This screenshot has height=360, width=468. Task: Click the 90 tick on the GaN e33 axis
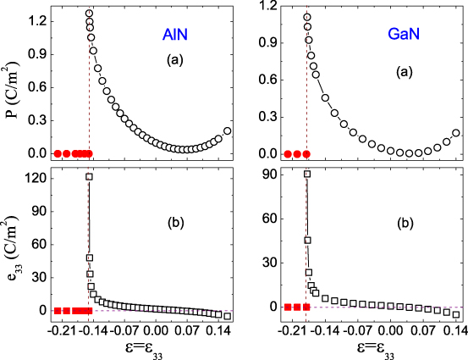pos(270,174)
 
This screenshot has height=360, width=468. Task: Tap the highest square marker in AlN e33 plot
pos(89,176)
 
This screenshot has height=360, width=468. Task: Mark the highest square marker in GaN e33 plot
pos(306,174)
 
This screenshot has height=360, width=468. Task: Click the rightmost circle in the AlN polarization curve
pos(227,131)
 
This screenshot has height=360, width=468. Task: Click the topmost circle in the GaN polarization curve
pos(306,17)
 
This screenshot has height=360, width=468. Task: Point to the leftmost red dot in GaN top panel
pos(288,153)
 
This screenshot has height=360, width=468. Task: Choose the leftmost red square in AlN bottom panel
pos(57,310)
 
